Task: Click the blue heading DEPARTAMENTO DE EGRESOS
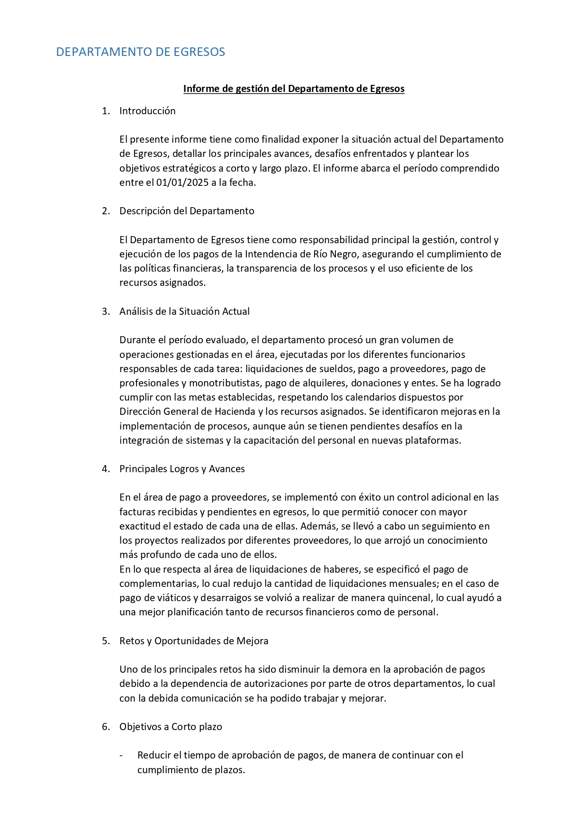click(140, 52)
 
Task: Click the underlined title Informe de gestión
click(294, 89)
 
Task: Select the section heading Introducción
click(147, 111)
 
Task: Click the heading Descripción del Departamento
click(187, 211)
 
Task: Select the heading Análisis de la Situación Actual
click(184, 311)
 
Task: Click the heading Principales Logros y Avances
click(182, 469)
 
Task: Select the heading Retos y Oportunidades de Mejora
click(194, 641)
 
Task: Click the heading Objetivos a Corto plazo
click(171, 727)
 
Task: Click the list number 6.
click(105, 727)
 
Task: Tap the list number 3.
click(105, 311)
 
